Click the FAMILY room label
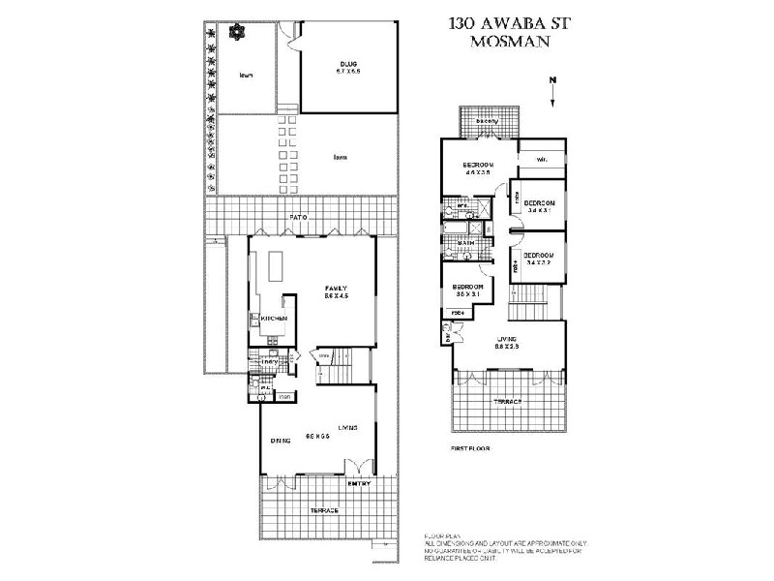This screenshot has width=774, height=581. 336,289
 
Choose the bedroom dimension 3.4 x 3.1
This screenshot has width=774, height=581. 539,209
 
